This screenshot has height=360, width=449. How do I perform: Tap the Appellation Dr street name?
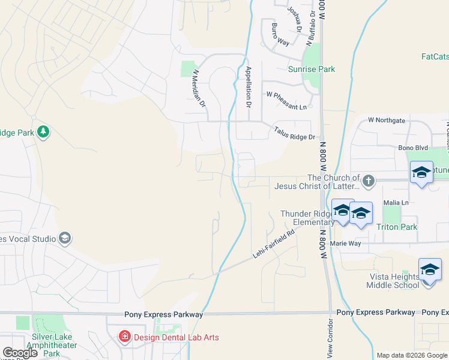(248, 85)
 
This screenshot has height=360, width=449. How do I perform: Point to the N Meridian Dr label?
(199, 88)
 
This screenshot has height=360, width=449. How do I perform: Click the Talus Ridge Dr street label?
(294, 133)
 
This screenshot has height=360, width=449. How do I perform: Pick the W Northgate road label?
(387, 120)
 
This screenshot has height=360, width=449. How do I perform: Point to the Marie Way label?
(345, 244)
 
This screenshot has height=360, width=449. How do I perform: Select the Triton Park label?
(396, 227)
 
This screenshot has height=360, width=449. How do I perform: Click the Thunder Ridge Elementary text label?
(306, 218)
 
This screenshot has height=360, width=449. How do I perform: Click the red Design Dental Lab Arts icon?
(125, 337)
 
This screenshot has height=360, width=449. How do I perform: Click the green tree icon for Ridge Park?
(43, 132)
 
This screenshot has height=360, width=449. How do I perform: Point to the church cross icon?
(369, 179)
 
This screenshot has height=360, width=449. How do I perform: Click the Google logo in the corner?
(20, 353)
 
